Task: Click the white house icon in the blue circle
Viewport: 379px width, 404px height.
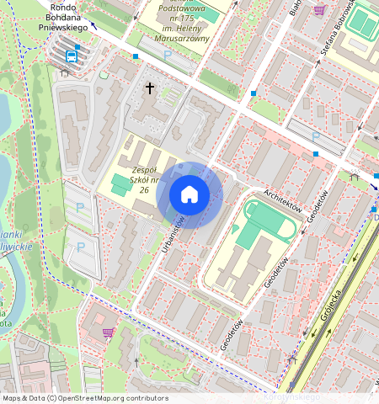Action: [189, 195]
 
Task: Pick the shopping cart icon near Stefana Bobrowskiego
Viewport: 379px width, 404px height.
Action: [319, 10]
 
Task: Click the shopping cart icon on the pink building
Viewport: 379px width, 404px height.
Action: [108, 332]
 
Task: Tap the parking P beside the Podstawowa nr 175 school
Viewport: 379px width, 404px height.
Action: [167, 55]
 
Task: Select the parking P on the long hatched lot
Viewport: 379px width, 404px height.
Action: [316, 136]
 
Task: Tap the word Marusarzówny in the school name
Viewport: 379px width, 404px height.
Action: [179, 35]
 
